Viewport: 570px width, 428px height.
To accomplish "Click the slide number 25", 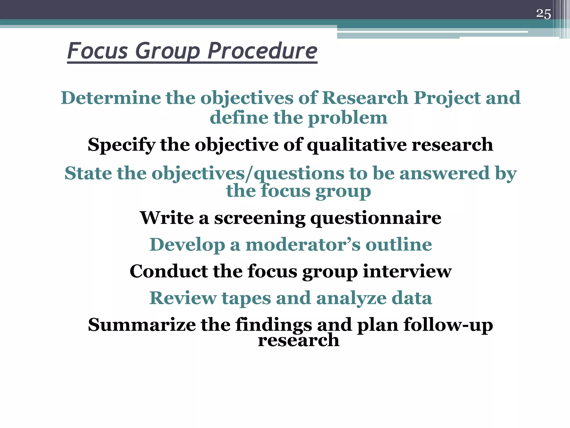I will coord(543,14).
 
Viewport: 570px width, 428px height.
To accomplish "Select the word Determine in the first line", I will coord(110,98).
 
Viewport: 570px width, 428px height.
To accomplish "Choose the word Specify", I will coord(121,145).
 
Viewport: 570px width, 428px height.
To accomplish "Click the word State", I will coord(88,173).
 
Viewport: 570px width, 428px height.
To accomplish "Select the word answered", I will coord(444,173).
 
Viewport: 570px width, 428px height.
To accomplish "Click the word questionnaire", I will coord(376,218).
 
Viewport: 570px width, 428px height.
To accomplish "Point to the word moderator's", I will coord(303,245).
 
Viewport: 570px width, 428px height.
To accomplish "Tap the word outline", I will coord(399,245).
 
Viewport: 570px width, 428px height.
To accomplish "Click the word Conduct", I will coord(168,271).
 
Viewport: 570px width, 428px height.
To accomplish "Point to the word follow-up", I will coord(448,325).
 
